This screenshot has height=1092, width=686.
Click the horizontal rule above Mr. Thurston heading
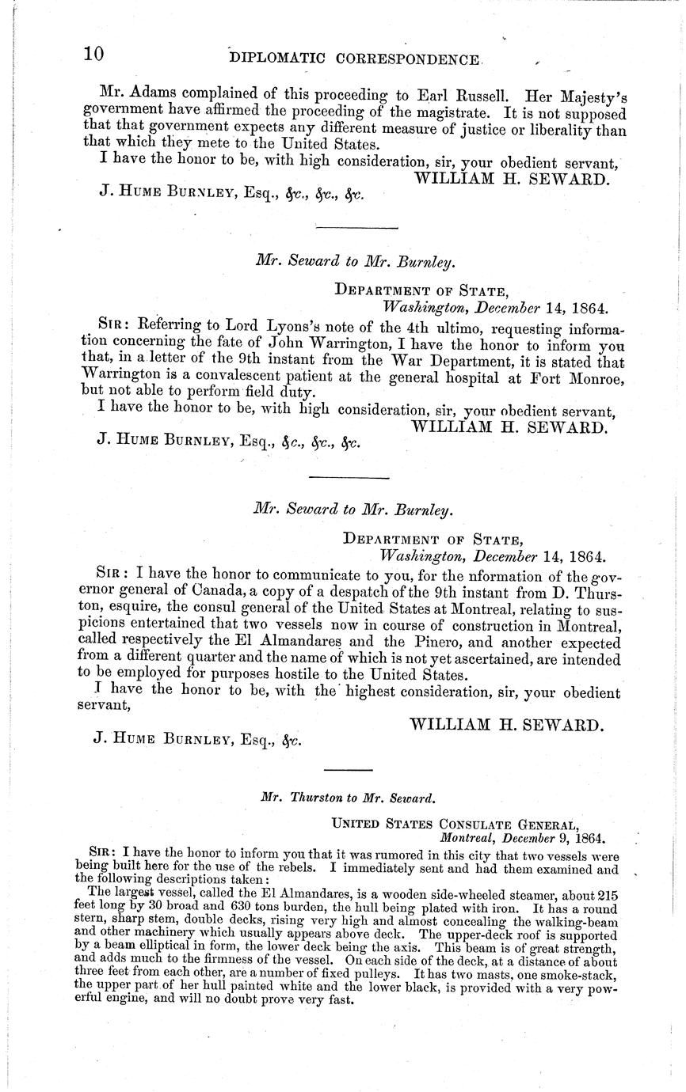coord(343,770)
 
